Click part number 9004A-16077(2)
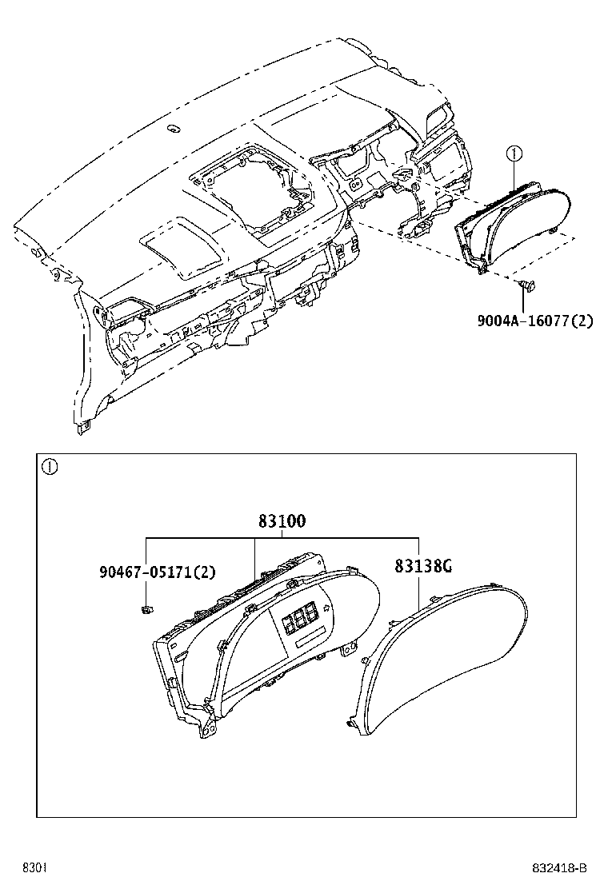pyautogui.click(x=535, y=322)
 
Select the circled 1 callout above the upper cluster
pyautogui.click(x=515, y=152)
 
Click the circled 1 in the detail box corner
pyautogui.click(x=50, y=467)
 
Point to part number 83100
pyautogui.click(x=282, y=521)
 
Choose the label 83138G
pyautogui.click(x=423, y=566)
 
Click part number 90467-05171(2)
pyautogui.click(x=158, y=572)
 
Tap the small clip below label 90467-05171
pyautogui.click(x=146, y=611)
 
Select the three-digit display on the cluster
pyautogui.click(x=298, y=618)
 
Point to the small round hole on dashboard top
pyautogui.click(x=172, y=129)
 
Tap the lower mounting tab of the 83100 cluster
pyautogui.click(x=208, y=729)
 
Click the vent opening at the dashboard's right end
pyautogui.click(x=439, y=120)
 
